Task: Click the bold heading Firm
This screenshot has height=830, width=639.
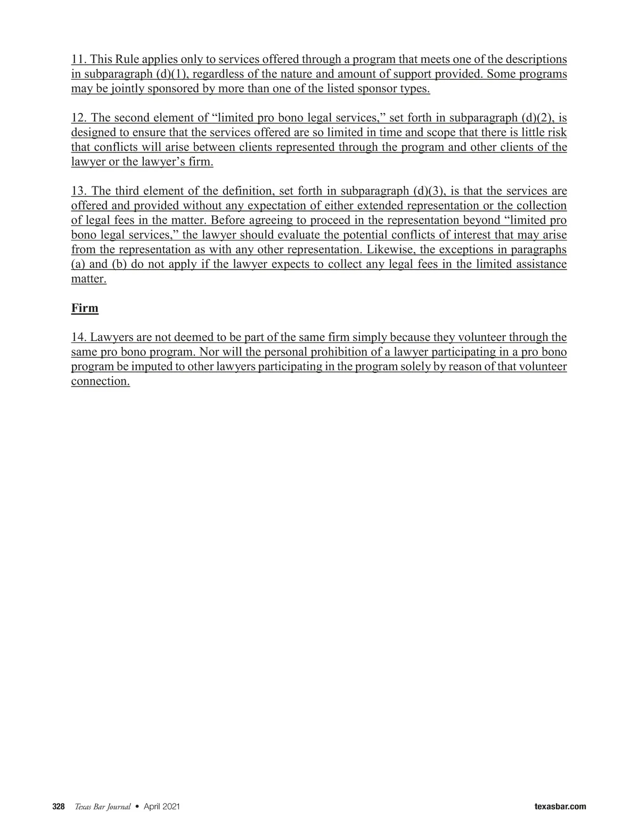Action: (85, 308)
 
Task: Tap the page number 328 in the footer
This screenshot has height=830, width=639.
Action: (58, 807)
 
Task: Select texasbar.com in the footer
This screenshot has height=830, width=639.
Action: (560, 807)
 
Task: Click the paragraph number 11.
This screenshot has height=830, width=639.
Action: (78, 59)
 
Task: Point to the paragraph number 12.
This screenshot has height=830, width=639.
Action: (79, 118)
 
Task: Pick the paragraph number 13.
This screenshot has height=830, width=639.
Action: (79, 191)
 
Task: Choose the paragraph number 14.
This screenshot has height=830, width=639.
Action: (78, 337)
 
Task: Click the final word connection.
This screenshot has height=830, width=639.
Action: (100, 381)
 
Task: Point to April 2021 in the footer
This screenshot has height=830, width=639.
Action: (162, 807)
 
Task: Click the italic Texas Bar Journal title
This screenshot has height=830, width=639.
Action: (102, 807)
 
